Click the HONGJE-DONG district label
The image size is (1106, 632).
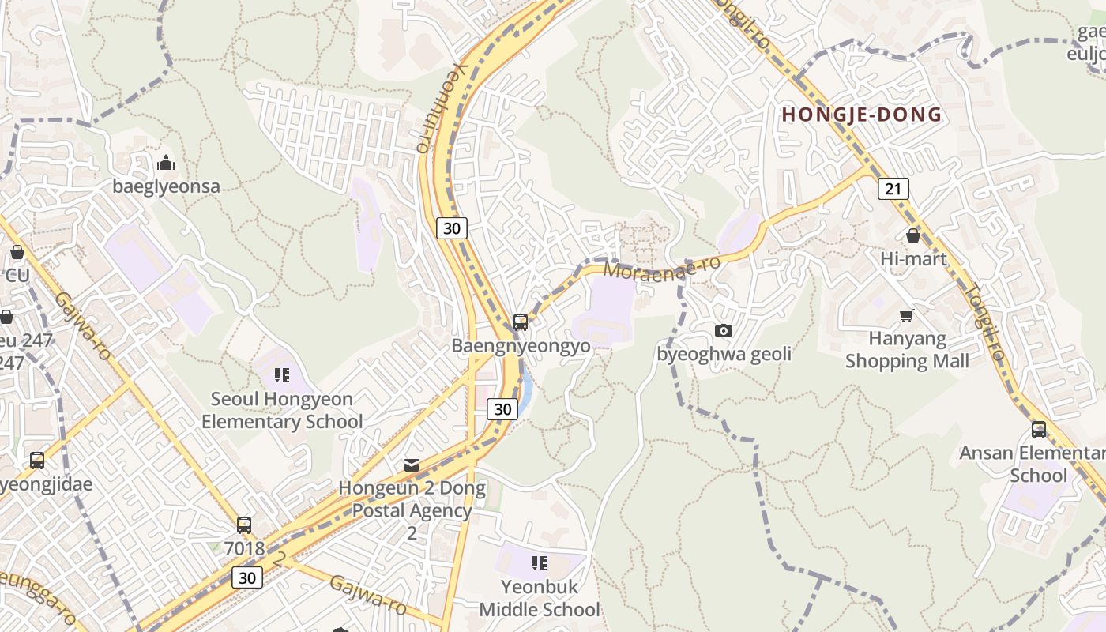pos(862,115)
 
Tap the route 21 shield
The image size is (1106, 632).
pos(893,189)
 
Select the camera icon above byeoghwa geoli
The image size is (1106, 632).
pos(723,330)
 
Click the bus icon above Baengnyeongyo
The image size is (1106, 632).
pos(520,322)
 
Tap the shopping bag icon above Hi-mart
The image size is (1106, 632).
pos(913,235)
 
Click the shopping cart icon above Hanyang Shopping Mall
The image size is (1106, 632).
pos(907,316)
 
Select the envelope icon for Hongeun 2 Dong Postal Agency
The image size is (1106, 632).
pos(412,465)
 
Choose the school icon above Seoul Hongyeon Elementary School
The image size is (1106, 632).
pos(282,374)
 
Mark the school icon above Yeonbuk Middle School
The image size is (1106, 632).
pos(540,562)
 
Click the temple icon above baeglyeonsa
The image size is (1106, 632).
pos(166,164)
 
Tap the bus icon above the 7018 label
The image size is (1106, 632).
pos(244,525)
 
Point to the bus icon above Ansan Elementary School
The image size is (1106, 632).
pos(1039,430)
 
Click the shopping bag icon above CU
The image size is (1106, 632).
pos(17,253)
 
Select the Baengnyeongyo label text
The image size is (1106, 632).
pos(521,346)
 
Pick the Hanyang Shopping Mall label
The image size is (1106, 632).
pos(907,350)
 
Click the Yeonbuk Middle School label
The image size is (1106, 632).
pos(540,598)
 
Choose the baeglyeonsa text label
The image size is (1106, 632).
pos(166,187)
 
